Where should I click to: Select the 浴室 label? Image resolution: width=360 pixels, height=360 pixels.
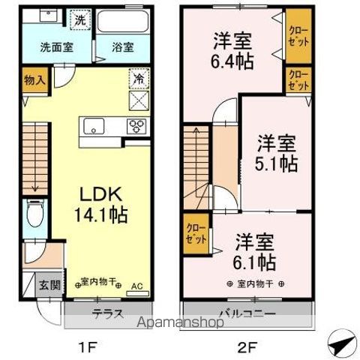coord(124,47)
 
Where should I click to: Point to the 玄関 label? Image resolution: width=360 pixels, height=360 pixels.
coord(49,285)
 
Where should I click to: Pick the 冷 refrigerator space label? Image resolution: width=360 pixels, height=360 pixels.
coord(138,78)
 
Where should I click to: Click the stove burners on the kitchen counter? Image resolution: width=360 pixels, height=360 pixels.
coord(136,125)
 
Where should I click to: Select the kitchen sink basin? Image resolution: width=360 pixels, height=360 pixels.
coord(94,124)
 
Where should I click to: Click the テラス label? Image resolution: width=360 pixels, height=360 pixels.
coord(107,313)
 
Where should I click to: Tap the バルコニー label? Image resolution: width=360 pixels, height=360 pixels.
coord(247,313)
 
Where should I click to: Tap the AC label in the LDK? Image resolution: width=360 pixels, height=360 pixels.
coord(136,286)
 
